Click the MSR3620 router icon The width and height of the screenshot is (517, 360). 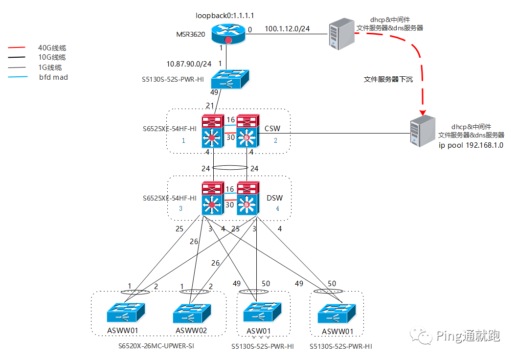click(228, 34)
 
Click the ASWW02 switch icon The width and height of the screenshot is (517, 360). click(191, 313)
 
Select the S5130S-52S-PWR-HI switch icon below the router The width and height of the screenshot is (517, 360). click(230, 78)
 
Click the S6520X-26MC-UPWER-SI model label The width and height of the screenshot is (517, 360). click(159, 346)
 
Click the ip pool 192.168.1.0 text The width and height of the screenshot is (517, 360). click(471, 145)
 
